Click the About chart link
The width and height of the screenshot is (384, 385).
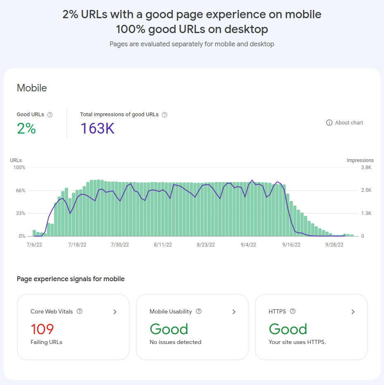click(x=345, y=123)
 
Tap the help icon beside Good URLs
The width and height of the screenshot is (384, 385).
click(x=50, y=115)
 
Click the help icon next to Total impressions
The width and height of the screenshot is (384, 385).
click(x=165, y=115)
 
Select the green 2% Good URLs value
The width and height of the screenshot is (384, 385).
click(x=26, y=129)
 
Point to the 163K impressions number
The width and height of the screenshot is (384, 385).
click(x=97, y=129)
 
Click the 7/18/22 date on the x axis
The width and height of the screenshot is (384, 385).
click(x=77, y=245)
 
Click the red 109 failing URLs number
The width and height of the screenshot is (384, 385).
click(x=42, y=329)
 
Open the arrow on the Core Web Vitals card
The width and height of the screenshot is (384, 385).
click(x=115, y=312)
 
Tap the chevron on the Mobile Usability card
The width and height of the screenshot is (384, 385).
click(x=234, y=312)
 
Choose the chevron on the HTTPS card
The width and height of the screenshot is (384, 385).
click(x=353, y=312)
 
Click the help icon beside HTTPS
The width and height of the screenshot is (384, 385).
click(x=293, y=311)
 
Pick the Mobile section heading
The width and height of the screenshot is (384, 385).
click(x=32, y=88)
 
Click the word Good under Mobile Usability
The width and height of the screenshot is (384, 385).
click(x=169, y=329)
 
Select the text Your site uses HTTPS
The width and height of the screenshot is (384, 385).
click(x=297, y=342)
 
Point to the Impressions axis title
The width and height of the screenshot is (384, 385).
click(x=360, y=160)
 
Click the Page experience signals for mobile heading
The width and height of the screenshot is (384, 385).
click(x=71, y=279)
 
